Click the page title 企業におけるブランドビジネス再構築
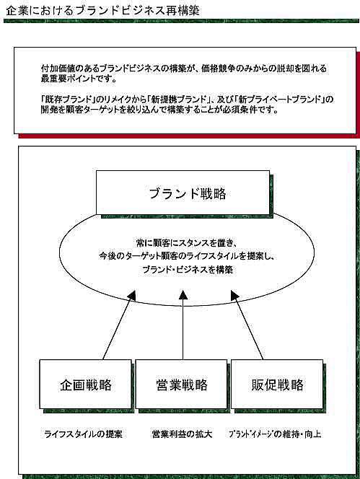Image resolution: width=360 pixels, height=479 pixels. [x=102, y=11]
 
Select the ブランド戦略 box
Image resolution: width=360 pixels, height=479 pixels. [x=183, y=193]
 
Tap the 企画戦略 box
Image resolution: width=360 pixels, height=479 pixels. [x=86, y=384]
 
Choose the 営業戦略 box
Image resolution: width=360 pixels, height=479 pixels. [x=182, y=384]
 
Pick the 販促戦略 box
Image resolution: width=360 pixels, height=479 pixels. [x=277, y=384]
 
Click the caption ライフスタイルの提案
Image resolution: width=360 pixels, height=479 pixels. [x=84, y=434]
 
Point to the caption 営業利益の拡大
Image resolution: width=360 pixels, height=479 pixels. [x=182, y=434]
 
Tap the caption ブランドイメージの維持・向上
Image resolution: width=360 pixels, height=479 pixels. [x=275, y=434]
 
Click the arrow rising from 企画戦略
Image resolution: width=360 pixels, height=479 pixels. [x=119, y=325]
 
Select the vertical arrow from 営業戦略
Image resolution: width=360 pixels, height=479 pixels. [x=183, y=325]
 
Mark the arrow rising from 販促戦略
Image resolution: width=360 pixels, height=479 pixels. [x=247, y=325]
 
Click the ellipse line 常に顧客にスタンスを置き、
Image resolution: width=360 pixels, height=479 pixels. [x=187, y=243]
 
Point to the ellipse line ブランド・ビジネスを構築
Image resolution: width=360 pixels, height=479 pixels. [x=188, y=270]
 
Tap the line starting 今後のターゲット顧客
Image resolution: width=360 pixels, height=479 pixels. [x=188, y=256]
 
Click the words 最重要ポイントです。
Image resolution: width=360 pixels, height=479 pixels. [x=79, y=79]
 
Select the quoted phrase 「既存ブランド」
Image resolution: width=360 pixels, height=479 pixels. [x=69, y=99]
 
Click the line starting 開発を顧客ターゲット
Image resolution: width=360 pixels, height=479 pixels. [x=159, y=110]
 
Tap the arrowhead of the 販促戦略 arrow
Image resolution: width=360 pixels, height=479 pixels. [x=234, y=294]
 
